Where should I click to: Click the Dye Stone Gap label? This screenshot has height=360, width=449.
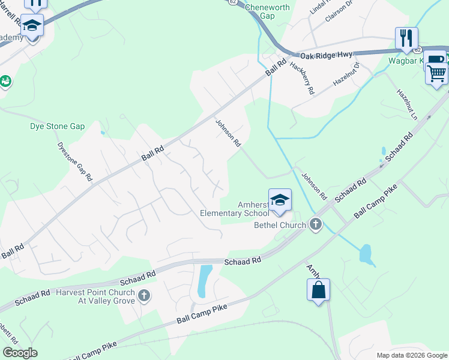[58, 127]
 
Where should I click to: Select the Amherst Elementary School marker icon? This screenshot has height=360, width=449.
[280, 200]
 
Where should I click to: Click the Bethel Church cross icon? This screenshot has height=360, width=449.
[315, 225]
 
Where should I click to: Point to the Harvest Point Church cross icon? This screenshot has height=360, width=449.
[143, 295]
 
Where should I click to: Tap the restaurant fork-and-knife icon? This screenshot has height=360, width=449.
[406, 38]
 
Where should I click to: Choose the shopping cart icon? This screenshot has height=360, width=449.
[437, 73]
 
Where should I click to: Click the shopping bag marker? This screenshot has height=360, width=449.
[318, 291]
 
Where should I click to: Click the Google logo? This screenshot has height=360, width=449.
[20, 353]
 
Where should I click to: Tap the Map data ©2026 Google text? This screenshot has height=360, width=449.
[412, 355]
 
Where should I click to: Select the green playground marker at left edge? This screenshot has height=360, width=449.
[5, 81]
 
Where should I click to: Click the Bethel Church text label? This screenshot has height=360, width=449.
[280, 225]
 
